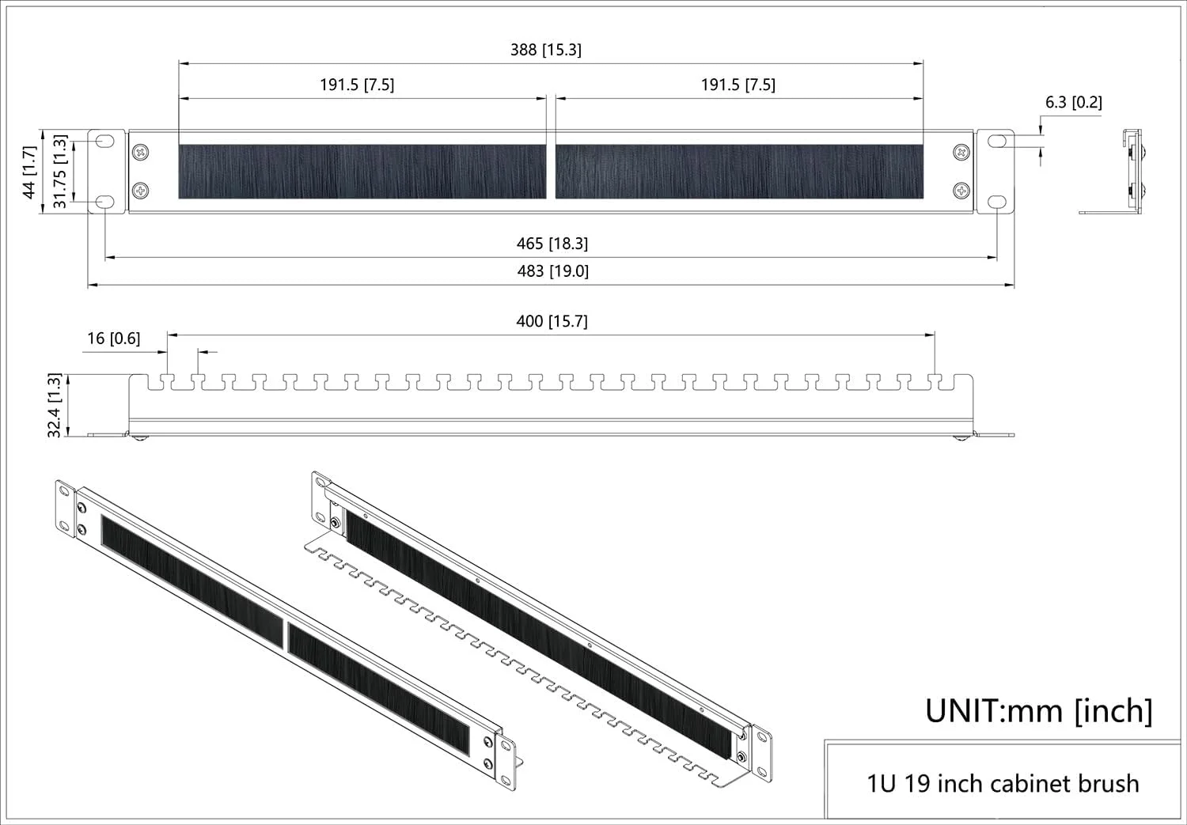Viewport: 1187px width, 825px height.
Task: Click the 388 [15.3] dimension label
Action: click(x=545, y=50)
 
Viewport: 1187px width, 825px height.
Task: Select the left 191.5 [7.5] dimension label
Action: click(x=357, y=85)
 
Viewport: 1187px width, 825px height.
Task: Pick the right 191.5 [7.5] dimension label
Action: click(x=738, y=85)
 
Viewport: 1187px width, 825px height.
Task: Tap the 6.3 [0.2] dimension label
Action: click(x=1073, y=102)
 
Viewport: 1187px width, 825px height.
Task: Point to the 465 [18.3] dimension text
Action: click(x=552, y=244)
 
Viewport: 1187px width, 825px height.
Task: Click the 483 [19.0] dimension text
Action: click(x=552, y=271)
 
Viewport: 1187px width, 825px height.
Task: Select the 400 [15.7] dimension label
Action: click(x=552, y=321)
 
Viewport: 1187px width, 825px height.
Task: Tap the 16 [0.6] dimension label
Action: click(x=113, y=339)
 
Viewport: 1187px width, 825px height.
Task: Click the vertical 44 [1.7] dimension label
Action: click(x=29, y=172)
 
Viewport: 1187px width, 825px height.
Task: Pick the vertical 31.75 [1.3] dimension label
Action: click(x=59, y=172)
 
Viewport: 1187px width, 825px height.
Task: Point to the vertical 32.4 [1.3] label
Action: click(x=55, y=406)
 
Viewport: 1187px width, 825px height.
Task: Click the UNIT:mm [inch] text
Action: click(x=1038, y=710)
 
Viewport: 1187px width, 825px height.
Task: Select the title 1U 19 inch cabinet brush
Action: click(x=1003, y=784)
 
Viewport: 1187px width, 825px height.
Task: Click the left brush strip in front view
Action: click(x=362, y=172)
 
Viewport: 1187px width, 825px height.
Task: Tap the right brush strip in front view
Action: click(x=739, y=172)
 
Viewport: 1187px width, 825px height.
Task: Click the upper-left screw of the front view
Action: click(x=141, y=151)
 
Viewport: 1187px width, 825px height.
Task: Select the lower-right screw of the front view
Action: click(x=961, y=190)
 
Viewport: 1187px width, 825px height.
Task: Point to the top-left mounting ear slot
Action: click(x=105, y=141)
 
